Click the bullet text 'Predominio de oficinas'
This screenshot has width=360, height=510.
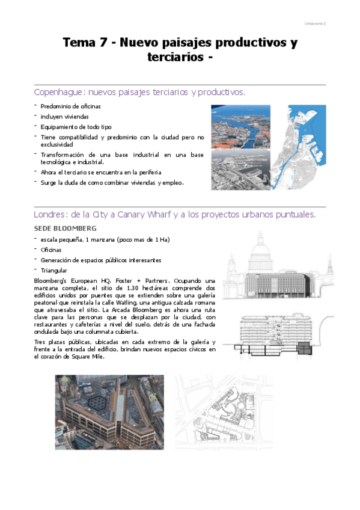click(71, 106)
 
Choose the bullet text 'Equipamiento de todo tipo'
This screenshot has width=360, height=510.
click(76, 126)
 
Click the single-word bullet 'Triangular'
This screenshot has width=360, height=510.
click(55, 271)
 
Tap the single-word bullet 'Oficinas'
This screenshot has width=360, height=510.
click(52, 250)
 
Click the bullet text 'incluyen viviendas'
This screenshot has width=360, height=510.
click(65, 116)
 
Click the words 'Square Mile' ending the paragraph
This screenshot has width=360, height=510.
click(88, 357)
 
